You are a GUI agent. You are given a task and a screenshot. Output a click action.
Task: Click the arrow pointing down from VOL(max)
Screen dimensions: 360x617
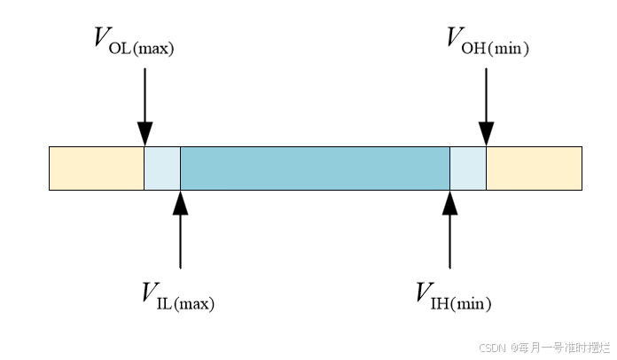coord(144,106)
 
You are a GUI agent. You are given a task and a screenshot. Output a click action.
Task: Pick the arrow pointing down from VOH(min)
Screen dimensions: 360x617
coord(486,106)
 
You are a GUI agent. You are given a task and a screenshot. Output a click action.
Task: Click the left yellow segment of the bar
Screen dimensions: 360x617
coord(97,168)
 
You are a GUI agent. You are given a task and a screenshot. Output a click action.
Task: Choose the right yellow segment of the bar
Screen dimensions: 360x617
coord(534,168)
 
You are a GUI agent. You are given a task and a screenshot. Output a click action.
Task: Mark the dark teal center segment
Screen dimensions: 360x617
coord(315,168)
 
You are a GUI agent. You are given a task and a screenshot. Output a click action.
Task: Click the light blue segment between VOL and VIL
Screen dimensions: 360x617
coord(162,168)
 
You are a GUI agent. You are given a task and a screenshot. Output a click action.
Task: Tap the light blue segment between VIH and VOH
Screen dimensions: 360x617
coord(468,168)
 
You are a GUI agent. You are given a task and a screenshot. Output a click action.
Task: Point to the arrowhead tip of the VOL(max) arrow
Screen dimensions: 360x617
coord(144,145)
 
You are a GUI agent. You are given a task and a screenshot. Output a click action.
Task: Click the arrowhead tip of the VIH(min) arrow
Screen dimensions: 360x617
coord(450,192)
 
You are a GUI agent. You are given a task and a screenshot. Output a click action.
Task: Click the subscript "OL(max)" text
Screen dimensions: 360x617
coord(142,49)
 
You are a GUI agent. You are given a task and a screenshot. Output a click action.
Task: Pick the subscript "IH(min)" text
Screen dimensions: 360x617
coord(461,303)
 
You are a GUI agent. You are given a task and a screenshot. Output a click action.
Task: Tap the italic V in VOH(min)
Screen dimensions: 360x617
coord(457,38)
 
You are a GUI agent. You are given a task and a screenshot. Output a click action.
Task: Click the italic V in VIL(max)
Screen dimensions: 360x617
coord(151,293)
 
